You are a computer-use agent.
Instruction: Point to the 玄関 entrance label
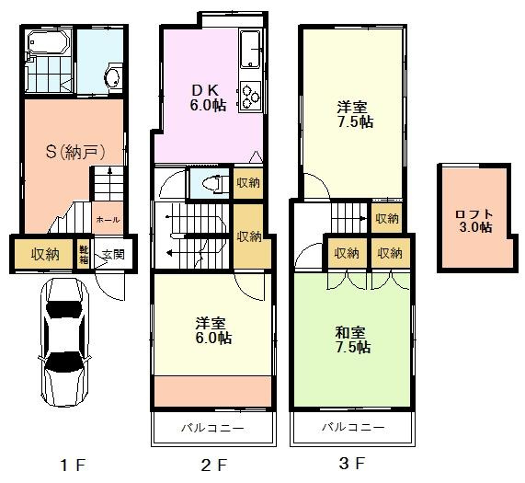pyautogui.click(x=111, y=254)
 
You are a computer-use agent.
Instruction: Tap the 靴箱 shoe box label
pyautogui.click(x=84, y=253)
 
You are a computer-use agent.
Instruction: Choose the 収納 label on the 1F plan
pyautogui.click(x=45, y=254)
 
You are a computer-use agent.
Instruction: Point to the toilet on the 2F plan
pyautogui.click(x=211, y=181)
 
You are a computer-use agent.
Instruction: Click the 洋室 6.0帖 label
pyautogui.click(x=212, y=330)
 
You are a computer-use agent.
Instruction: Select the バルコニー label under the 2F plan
pyautogui.click(x=213, y=428)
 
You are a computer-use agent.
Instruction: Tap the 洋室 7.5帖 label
pyautogui.click(x=353, y=114)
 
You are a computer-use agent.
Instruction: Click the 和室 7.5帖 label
pyautogui.click(x=352, y=339)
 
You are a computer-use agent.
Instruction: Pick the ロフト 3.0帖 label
pyautogui.click(x=474, y=221)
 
